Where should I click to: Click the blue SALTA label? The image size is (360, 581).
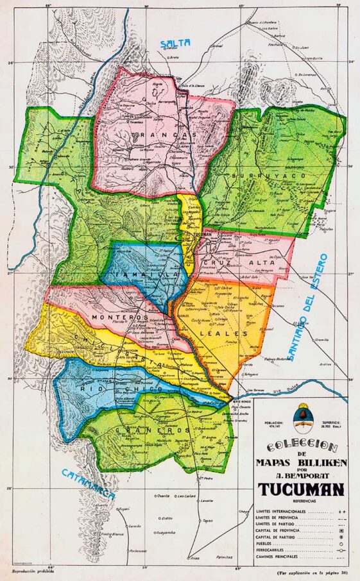click(x=176, y=42)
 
